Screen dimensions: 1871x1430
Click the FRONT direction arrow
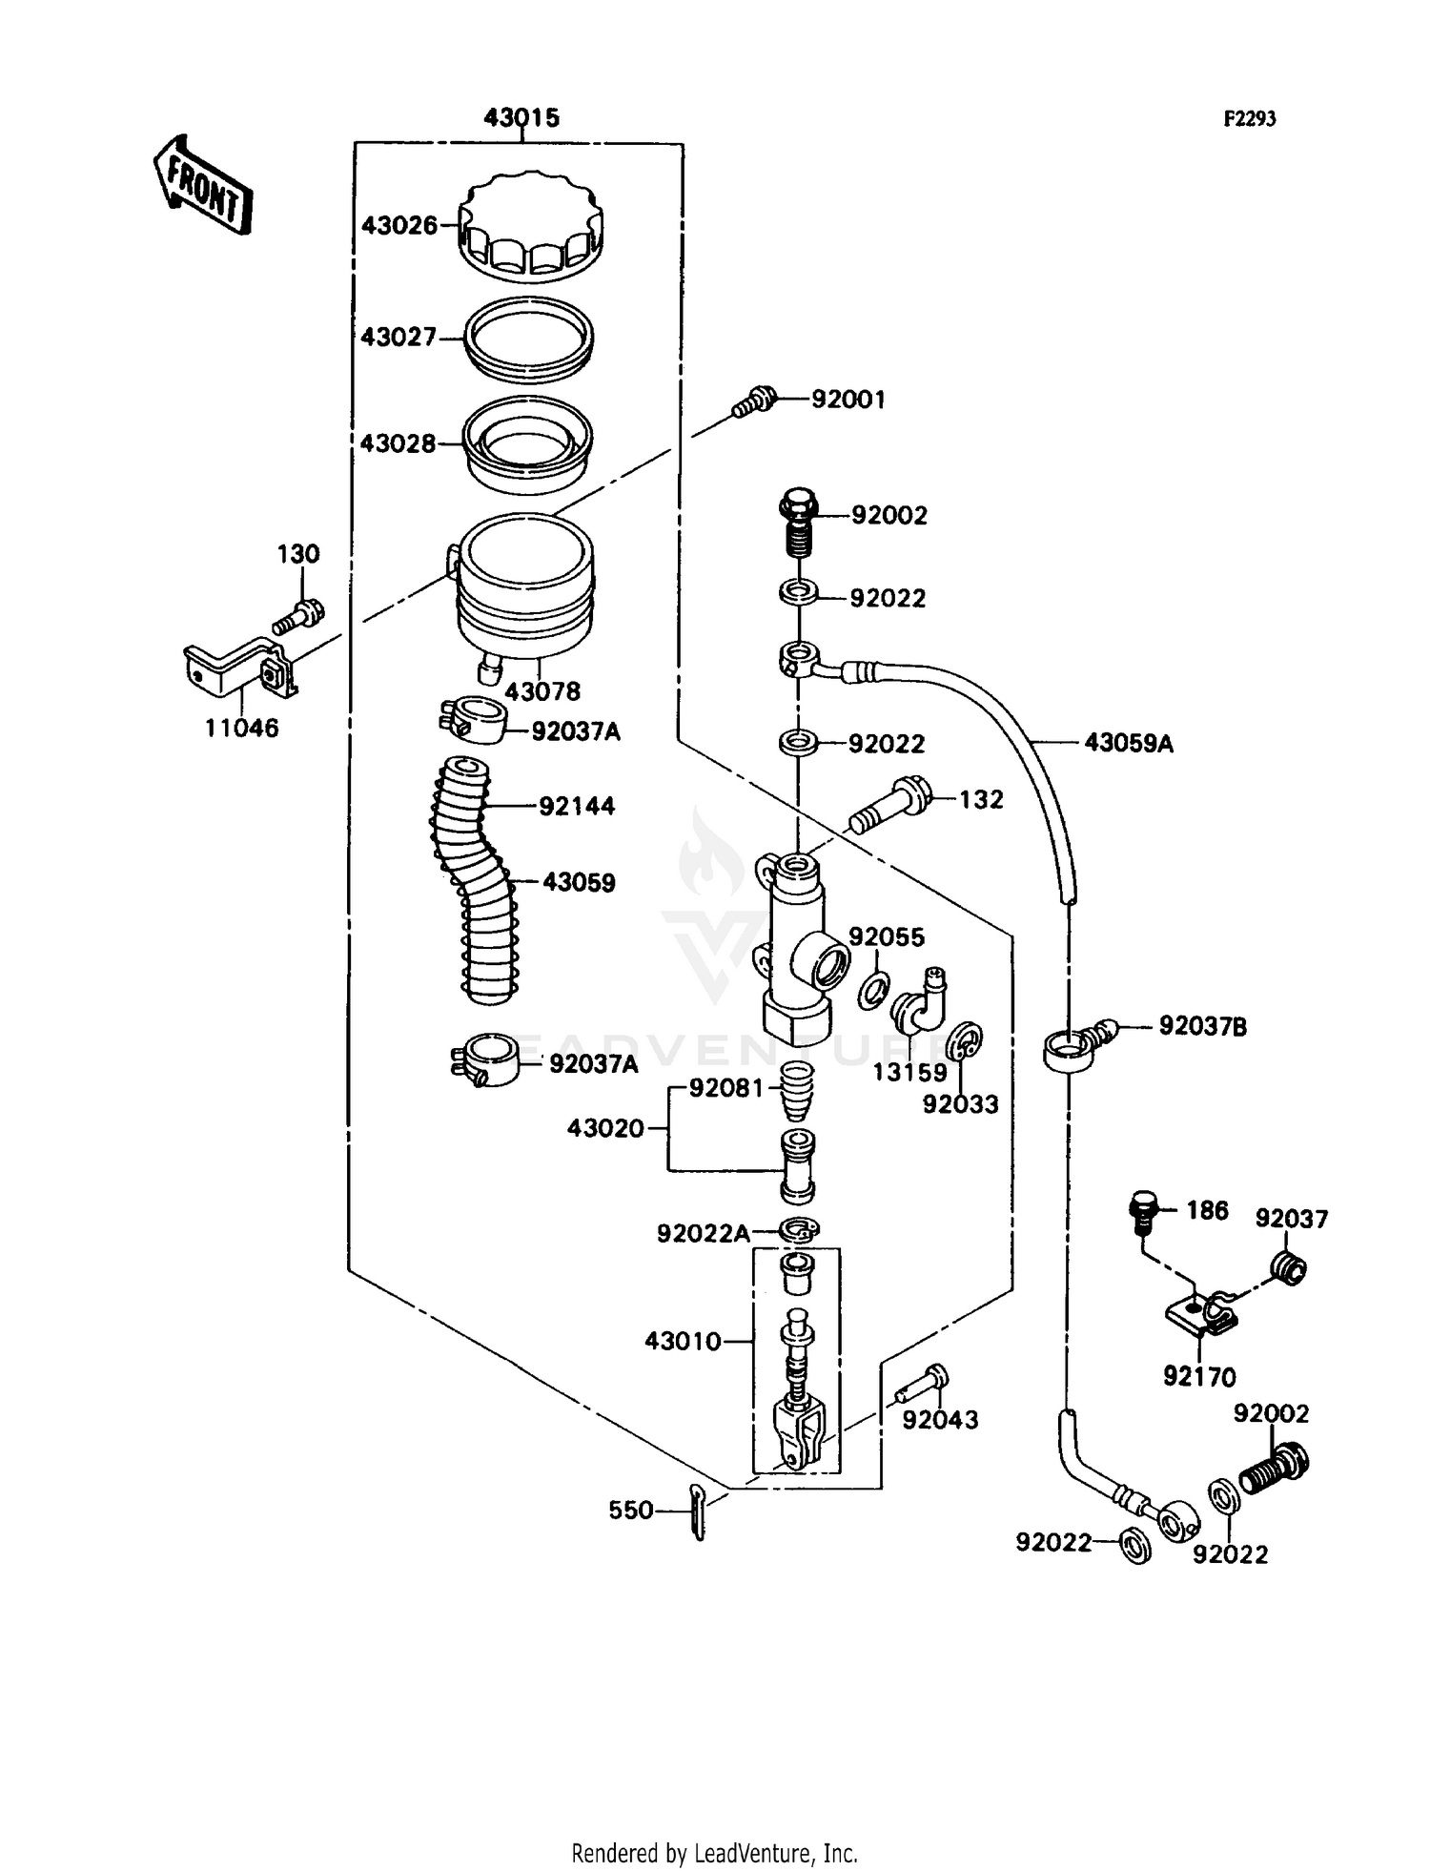point(203,186)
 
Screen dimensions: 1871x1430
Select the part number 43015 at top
point(521,117)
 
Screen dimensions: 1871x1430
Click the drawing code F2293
point(1250,118)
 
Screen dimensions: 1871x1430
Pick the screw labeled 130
point(299,615)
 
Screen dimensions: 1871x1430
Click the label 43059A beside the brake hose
point(1129,743)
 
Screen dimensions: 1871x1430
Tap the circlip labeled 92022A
point(798,1231)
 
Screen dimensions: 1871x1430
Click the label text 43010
point(683,1341)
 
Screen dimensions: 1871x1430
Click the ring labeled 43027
point(529,338)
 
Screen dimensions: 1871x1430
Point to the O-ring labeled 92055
point(874,991)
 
